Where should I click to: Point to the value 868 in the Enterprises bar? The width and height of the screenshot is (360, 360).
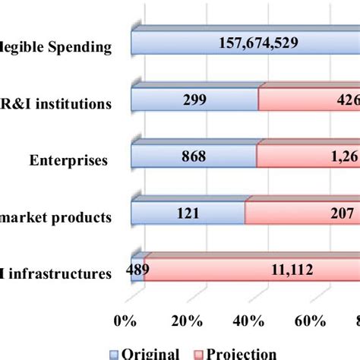tap(194, 158)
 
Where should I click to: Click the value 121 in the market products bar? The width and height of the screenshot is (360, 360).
tap(188, 214)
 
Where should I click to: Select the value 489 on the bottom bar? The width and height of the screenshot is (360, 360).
tap(137, 270)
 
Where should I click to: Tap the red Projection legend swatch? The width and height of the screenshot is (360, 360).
tap(201, 354)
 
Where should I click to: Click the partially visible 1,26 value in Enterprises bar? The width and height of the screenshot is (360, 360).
tap(343, 158)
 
